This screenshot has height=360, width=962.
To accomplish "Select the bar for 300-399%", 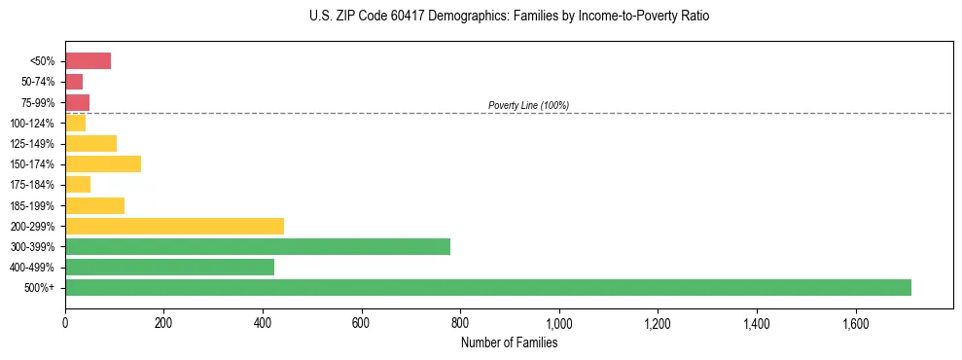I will (x=258, y=246).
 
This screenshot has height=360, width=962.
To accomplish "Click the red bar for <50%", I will (x=88, y=61).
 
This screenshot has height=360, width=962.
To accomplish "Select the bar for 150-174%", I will (x=103, y=163).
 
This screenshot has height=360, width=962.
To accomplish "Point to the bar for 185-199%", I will (x=94, y=205).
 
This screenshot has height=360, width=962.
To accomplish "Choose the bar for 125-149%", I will (x=90, y=143).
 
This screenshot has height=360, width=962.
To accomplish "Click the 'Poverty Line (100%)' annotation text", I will (x=528, y=105).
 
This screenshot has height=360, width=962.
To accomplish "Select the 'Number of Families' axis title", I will (x=509, y=342).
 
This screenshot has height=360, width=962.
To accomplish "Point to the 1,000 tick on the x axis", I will (x=559, y=322).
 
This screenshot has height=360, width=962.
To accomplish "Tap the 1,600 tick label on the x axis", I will (x=855, y=322).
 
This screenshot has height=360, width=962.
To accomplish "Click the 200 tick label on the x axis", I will (x=163, y=322).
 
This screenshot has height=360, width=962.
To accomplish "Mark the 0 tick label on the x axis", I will (x=65, y=322).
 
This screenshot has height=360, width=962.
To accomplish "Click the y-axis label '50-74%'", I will (x=39, y=82).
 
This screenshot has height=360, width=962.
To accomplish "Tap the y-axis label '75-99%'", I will (x=39, y=102).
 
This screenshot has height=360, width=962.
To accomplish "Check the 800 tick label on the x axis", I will (x=460, y=322).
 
